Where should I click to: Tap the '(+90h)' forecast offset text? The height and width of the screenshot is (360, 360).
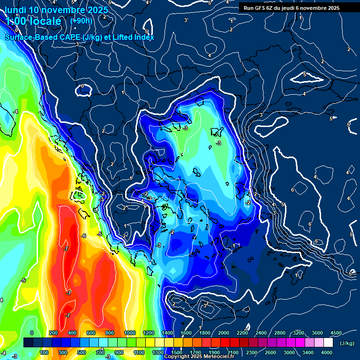click(x=81, y=21)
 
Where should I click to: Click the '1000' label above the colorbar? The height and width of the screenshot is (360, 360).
click(x=129, y=332)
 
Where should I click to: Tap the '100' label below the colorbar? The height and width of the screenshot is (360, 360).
click(x=44, y=352)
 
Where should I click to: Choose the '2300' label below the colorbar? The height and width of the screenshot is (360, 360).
click(x=251, y=352)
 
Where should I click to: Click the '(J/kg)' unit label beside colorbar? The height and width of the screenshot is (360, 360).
click(x=346, y=343)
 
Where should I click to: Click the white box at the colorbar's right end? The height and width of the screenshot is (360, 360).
click(x=328, y=343)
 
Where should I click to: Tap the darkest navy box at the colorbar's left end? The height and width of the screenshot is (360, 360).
click(x=28, y=343)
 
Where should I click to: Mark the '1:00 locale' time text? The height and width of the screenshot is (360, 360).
click(x=34, y=21)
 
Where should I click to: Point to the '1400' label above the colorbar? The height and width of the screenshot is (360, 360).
click(x=167, y=332)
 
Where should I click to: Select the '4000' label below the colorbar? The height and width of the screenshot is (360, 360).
click(x=327, y=352)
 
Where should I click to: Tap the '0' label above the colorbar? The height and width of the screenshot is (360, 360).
click(x=32, y=332)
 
